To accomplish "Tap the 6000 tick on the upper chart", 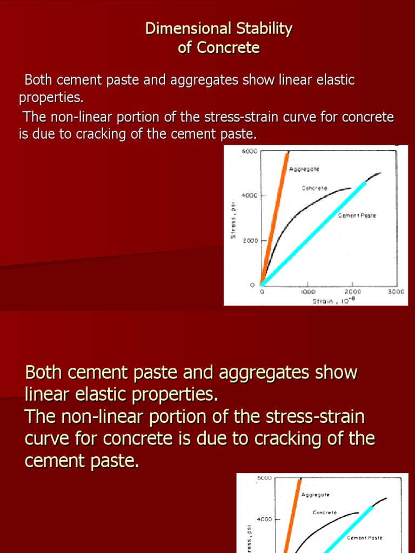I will [x=249, y=152].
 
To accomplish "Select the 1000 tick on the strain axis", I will [x=308, y=291].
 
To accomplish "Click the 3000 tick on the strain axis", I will [x=396, y=291].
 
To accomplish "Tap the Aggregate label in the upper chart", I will [x=304, y=169].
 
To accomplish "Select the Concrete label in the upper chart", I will [x=314, y=188].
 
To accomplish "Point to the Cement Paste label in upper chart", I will [x=357, y=215].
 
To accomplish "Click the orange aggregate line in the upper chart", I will [x=275, y=216].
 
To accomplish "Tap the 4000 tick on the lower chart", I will [x=264, y=520].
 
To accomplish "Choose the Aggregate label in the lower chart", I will [x=315, y=495].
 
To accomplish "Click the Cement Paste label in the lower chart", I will [x=364, y=538].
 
